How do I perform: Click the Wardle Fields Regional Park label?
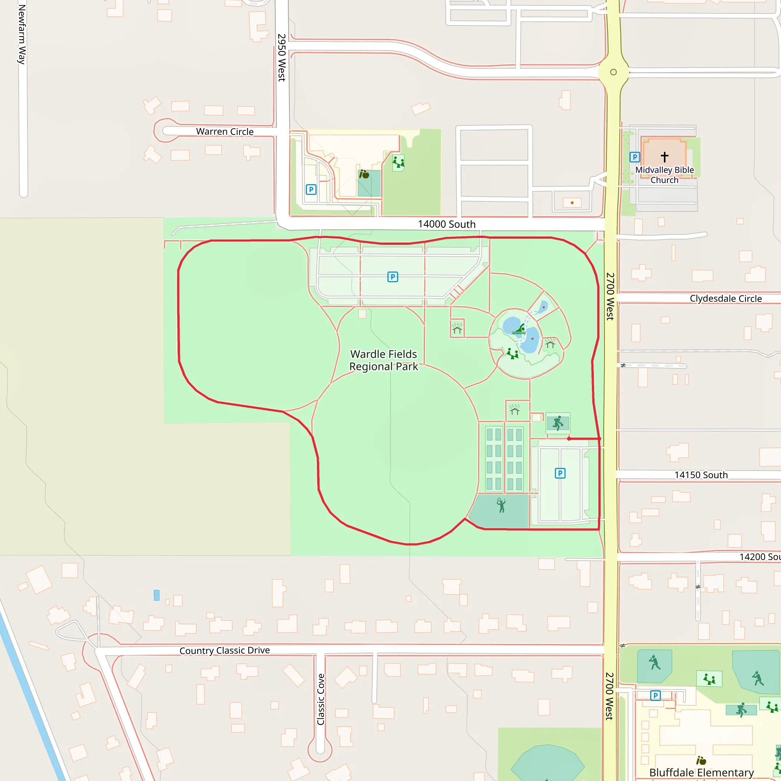pyautogui.click(x=383, y=360)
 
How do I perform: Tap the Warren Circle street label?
pyautogui.click(x=225, y=132)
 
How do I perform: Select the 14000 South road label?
pyautogui.click(x=446, y=224)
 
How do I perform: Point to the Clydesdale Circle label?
pyautogui.click(x=726, y=298)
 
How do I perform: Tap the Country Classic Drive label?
pyautogui.click(x=224, y=651)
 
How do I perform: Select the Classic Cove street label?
pyautogui.click(x=321, y=699)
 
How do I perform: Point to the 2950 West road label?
pyautogui.click(x=282, y=58)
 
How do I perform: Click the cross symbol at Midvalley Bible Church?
pyautogui.click(x=665, y=156)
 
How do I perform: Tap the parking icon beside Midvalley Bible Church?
pyautogui.click(x=635, y=157)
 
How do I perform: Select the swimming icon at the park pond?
pyautogui.click(x=519, y=329)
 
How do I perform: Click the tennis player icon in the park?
pyautogui.click(x=501, y=505)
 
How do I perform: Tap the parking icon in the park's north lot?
pyautogui.click(x=392, y=277)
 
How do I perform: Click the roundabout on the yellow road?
pyautogui.click(x=613, y=72)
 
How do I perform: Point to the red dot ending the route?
pyautogui.click(x=569, y=439)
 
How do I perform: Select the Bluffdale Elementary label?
pyautogui.click(x=701, y=773)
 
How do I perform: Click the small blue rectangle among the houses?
pyautogui.click(x=156, y=595)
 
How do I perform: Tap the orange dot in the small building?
pyautogui.click(x=572, y=203)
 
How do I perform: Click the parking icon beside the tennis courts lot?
pyautogui.click(x=560, y=473)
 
